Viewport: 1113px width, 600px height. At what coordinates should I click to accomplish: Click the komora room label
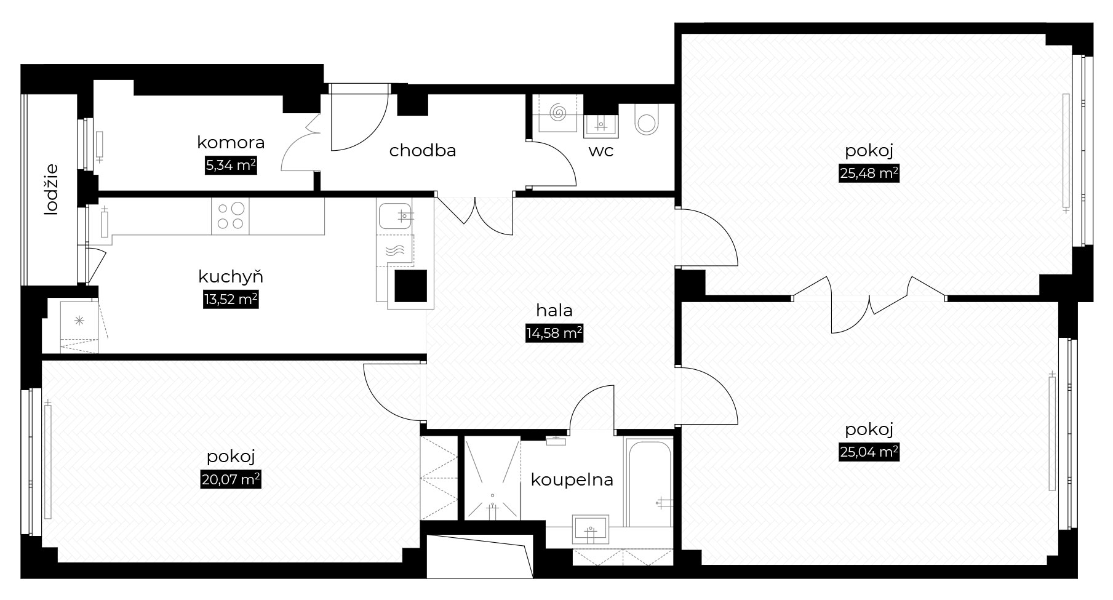tap(231, 143)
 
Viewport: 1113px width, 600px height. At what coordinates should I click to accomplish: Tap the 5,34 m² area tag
tap(231, 166)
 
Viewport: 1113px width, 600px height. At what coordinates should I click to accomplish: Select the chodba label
tap(423, 150)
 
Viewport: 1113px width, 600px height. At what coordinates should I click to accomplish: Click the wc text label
tap(600, 151)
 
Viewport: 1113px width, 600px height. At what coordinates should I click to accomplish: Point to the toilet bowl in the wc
tap(646, 119)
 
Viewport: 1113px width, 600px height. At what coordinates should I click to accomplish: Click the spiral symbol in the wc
tap(559, 113)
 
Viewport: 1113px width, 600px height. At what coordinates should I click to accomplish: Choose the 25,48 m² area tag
tap(869, 174)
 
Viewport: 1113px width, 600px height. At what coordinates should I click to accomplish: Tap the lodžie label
tap(51, 189)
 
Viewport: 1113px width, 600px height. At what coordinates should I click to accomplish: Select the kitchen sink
tap(395, 215)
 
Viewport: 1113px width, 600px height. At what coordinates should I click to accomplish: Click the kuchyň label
tap(231, 276)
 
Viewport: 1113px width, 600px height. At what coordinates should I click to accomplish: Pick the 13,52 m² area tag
tap(231, 300)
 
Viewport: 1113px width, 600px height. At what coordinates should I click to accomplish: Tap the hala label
tap(554, 310)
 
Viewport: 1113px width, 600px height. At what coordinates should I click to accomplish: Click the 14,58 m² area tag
tap(554, 334)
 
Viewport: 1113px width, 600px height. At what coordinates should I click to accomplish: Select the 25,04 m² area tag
tap(869, 452)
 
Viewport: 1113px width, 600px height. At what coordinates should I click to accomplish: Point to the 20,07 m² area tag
tap(231, 479)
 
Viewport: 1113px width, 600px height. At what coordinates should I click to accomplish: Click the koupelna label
tap(572, 479)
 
